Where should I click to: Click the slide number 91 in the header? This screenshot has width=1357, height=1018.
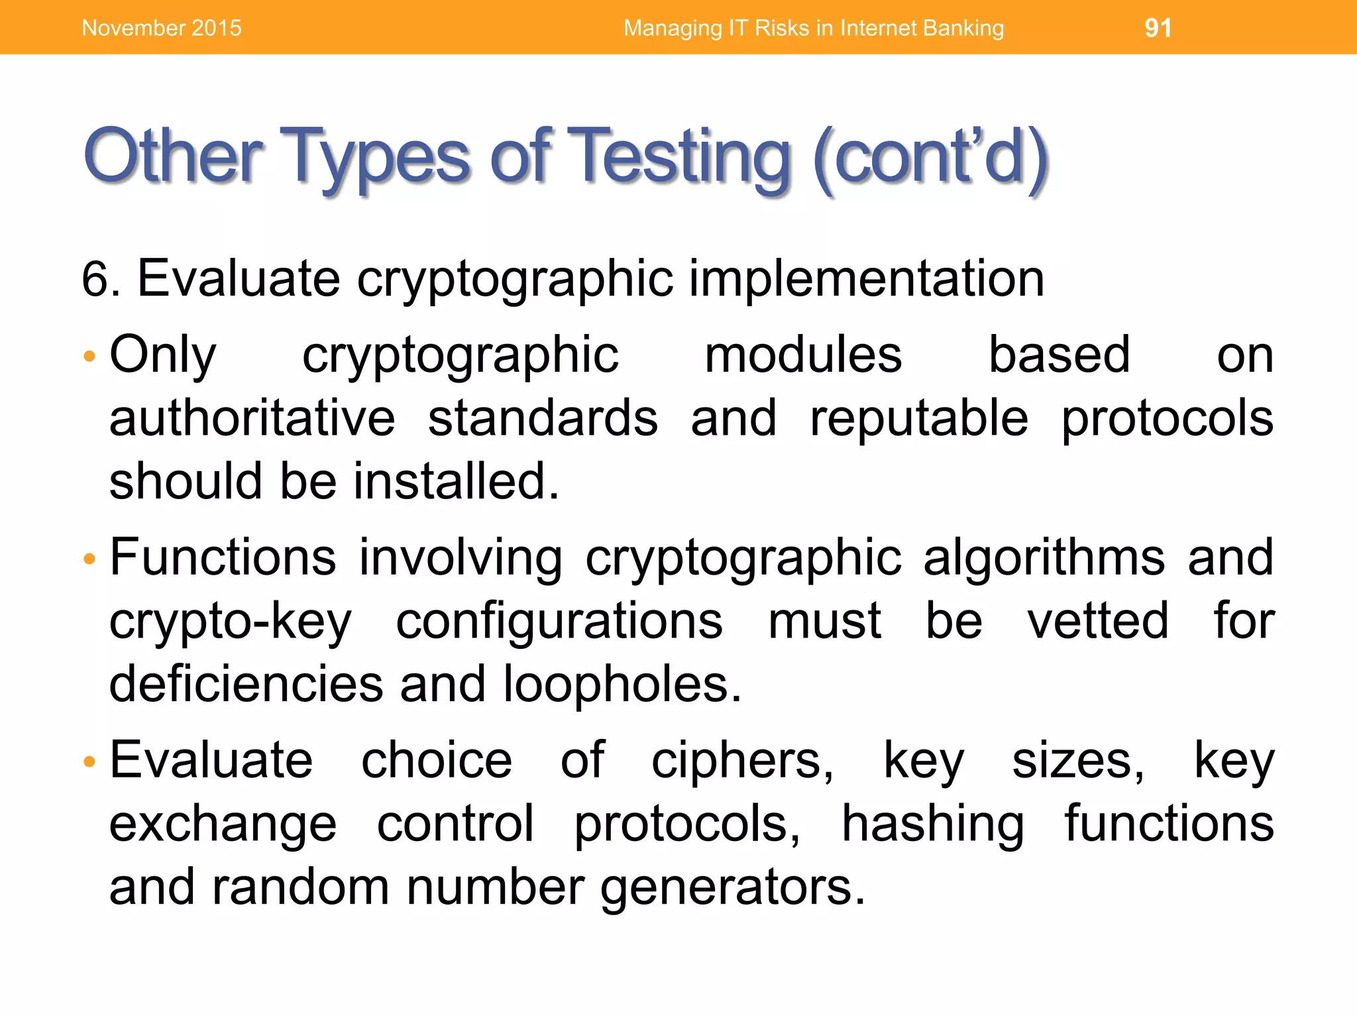[x=1158, y=28]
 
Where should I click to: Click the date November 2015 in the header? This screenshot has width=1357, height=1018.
[x=162, y=28]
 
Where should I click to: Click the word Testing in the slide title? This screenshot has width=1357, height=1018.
[x=679, y=158]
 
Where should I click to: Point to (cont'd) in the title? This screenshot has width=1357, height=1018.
[x=930, y=158]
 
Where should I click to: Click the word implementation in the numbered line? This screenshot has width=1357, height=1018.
[x=866, y=278]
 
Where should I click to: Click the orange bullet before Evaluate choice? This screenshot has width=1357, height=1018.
[x=90, y=762]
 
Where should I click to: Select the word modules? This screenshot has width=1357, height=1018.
[x=803, y=356]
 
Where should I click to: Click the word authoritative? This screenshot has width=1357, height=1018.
[x=252, y=419]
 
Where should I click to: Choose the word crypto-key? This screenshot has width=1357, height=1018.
[x=231, y=623]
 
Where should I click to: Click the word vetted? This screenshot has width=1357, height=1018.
[x=1098, y=622]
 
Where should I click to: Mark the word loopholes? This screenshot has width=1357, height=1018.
[x=622, y=685]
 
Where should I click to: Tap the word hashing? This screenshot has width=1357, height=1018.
[x=933, y=825]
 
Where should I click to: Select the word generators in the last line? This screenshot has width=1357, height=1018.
[x=732, y=888]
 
